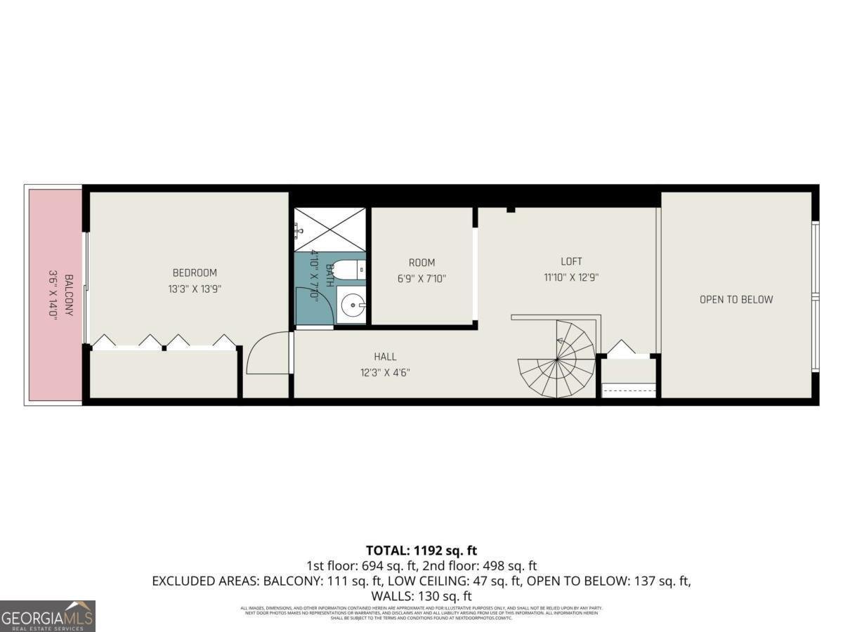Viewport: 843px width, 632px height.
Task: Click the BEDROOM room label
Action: [195, 272]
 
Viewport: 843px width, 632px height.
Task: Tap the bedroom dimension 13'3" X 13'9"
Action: [195, 288]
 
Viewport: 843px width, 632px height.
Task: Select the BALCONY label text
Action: [69, 295]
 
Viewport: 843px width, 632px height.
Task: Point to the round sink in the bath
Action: [350, 305]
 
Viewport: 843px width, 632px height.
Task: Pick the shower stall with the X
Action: [329, 229]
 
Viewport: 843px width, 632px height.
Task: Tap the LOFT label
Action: [571, 262]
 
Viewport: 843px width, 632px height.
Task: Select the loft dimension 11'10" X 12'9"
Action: [571, 277]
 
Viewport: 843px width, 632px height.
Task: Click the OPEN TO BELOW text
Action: [736, 299]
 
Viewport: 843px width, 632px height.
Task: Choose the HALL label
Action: [385, 357]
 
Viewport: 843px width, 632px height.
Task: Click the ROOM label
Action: [421, 263]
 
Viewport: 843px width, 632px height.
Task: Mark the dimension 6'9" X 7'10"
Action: [421, 279]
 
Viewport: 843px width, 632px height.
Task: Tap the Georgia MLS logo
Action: [47, 616]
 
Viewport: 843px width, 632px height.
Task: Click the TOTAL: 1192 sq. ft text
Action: [421, 551]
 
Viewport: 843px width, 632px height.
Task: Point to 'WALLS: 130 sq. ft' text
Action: [421, 596]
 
